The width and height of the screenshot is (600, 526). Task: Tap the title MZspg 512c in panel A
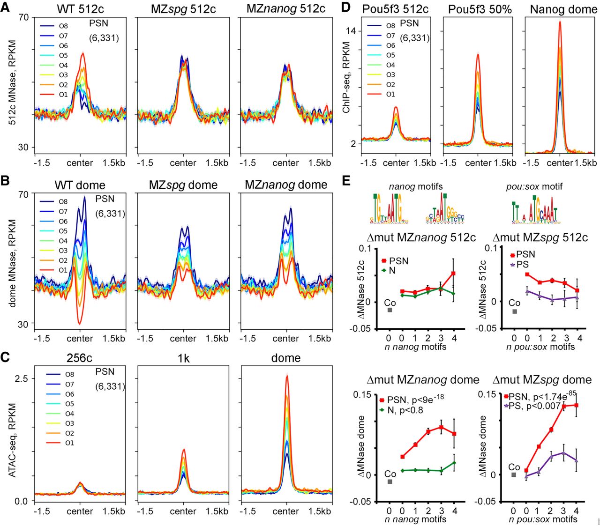coord(183,9)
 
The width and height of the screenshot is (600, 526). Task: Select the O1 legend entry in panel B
coord(63,270)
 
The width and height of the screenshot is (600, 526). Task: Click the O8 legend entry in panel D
coord(390,26)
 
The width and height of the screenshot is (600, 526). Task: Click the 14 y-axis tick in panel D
coord(351,31)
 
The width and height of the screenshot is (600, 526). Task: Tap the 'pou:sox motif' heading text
coord(534,186)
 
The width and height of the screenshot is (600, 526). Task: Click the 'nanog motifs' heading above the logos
coord(416,186)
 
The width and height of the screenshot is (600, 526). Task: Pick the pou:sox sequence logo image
coord(534,210)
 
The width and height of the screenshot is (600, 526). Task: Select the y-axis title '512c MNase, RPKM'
coord(13,82)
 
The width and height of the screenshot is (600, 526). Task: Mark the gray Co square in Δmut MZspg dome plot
coord(514,475)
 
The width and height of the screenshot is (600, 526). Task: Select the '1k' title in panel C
coord(183,358)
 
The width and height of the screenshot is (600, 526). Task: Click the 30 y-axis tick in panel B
coord(23,324)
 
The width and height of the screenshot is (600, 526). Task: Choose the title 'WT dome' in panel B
coord(80,185)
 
